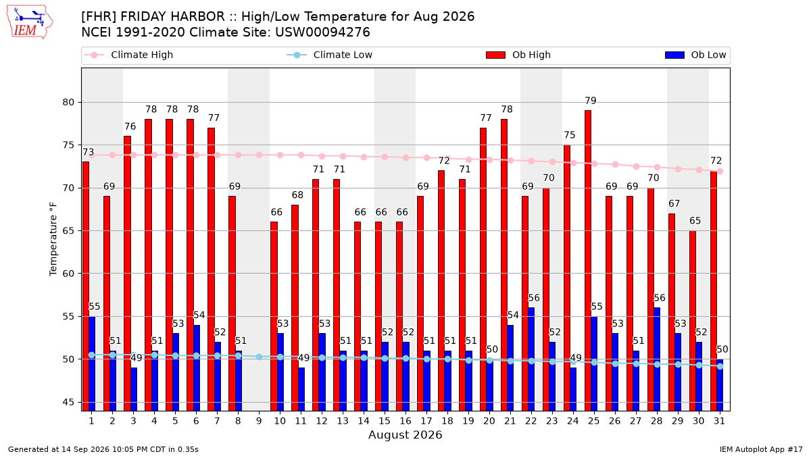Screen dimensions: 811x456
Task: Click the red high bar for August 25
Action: point(587,261)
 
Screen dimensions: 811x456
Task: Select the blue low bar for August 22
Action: point(531,359)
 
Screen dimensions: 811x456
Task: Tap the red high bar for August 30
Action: point(692,321)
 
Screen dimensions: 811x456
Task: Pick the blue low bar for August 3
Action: point(134,389)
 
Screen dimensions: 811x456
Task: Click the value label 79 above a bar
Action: point(591,101)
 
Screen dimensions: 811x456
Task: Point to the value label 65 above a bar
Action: point(695,221)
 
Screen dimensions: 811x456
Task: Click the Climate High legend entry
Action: point(128,55)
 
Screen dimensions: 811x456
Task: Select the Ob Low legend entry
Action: point(695,55)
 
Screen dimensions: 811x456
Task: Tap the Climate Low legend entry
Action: point(330,55)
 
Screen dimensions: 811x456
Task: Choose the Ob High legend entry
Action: point(518,55)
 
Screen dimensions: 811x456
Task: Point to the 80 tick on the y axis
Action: point(68,103)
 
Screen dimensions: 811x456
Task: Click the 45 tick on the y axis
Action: point(68,403)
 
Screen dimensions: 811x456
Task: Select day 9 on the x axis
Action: point(259,421)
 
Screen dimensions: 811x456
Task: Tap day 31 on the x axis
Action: point(719,421)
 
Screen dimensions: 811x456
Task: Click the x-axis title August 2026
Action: point(405,434)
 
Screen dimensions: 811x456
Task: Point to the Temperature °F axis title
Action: point(53,239)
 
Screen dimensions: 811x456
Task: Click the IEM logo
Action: point(29,22)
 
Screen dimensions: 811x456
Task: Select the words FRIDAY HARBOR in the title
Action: point(172,17)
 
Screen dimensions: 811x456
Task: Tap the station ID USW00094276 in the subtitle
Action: point(322,32)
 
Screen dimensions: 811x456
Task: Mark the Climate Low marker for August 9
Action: point(260,357)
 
